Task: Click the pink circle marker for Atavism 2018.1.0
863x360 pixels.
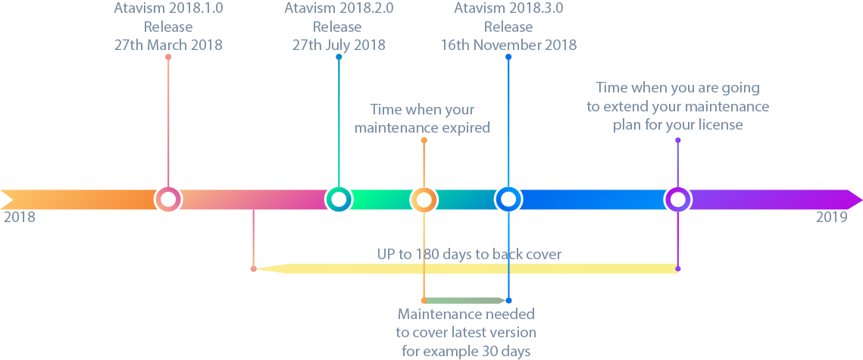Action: [x=168, y=199]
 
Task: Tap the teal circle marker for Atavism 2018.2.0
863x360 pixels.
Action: [x=339, y=199]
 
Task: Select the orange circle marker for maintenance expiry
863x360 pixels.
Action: [x=424, y=199]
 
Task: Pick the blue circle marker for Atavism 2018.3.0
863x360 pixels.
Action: [x=508, y=199]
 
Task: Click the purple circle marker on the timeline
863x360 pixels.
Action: [x=678, y=199]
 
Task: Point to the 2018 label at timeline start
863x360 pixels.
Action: [x=19, y=218]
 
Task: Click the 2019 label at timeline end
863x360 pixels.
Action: [x=831, y=218]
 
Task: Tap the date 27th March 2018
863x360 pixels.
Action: [x=168, y=45]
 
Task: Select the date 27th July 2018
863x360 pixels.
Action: [x=339, y=45]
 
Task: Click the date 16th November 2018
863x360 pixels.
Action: [x=508, y=45]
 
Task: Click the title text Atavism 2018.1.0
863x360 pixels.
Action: [x=168, y=9]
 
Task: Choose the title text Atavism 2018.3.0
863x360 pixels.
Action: [x=508, y=9]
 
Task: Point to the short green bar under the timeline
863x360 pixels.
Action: [x=465, y=300]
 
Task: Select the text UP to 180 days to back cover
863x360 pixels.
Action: [x=469, y=254]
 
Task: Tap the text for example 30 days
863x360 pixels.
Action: [x=465, y=351]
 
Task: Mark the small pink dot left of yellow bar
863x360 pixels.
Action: [x=253, y=268]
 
